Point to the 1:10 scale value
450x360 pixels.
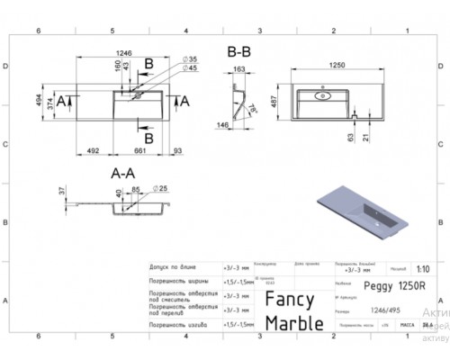click(423, 269)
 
